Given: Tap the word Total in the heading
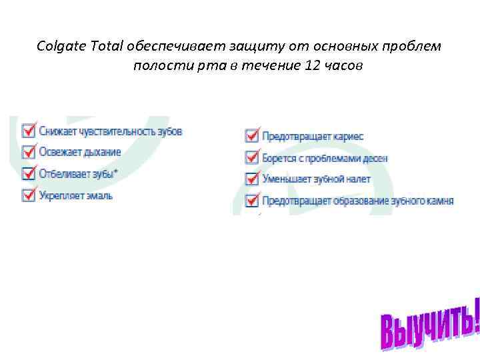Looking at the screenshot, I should click(x=105, y=46).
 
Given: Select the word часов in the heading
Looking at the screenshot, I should click(x=344, y=66).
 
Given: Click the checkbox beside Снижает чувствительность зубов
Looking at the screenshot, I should click(x=29, y=130).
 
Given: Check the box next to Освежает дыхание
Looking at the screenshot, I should click(x=29, y=152).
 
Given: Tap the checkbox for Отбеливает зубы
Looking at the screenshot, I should click(x=29, y=173).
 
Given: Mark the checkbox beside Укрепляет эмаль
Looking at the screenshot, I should click(x=29, y=195).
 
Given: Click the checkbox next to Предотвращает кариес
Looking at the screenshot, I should click(x=252, y=136).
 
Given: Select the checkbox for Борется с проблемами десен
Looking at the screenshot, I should click(x=252, y=157).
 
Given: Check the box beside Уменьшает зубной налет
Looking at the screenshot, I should click(x=252, y=179).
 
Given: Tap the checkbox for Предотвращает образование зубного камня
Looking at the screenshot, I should click(x=252, y=200).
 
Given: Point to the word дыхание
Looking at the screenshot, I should click(x=103, y=152).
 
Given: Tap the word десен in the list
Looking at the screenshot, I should click(x=374, y=159).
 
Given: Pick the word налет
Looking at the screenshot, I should click(x=357, y=179).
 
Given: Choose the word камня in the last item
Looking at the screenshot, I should click(x=441, y=200).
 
